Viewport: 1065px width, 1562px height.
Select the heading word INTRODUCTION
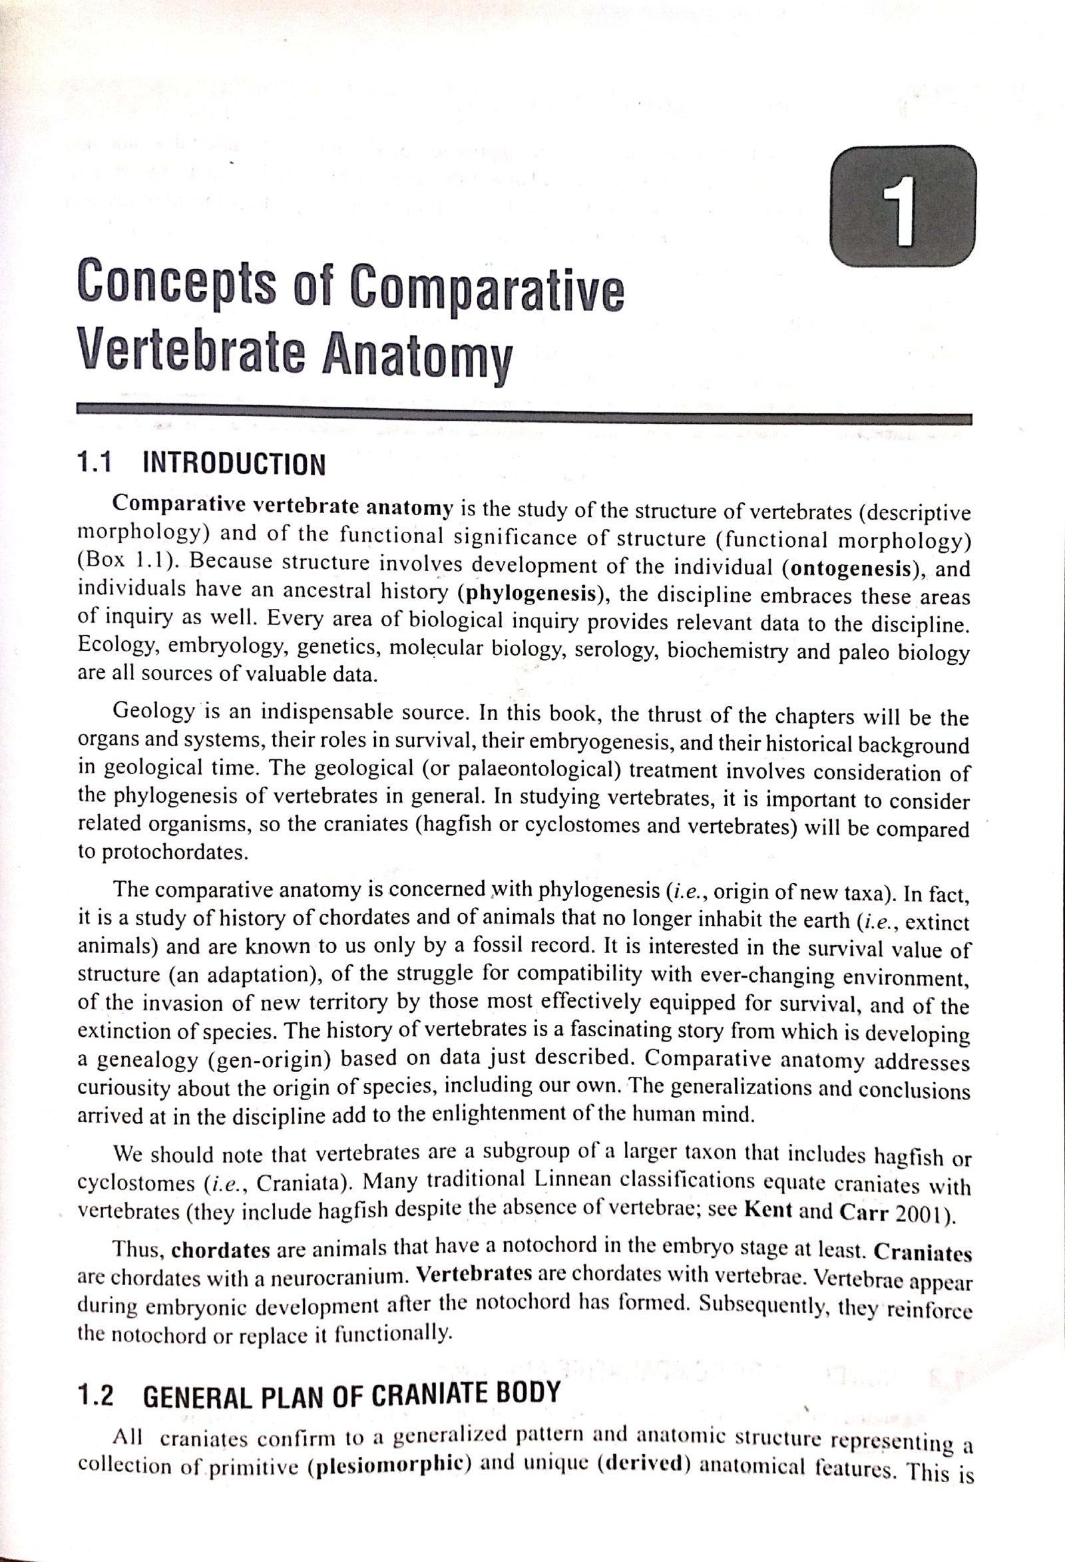234,464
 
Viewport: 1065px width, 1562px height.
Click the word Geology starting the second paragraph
154,710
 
